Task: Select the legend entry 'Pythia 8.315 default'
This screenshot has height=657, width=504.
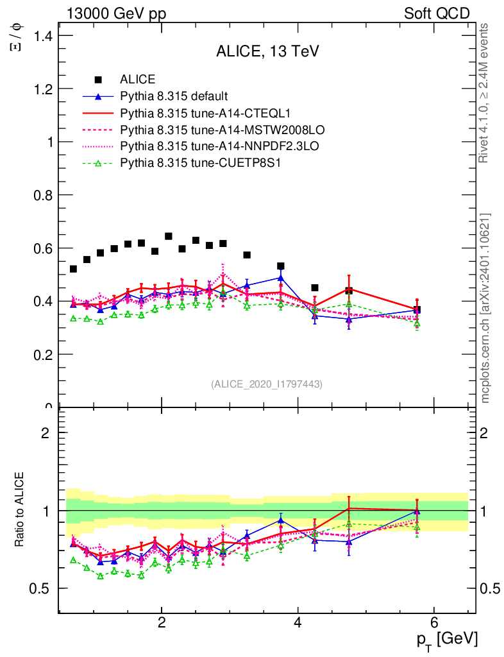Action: pyautogui.click(x=174, y=97)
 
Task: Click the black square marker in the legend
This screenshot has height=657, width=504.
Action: pyautogui.click(x=98, y=80)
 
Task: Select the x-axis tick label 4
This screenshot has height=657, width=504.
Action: pyautogui.click(x=298, y=622)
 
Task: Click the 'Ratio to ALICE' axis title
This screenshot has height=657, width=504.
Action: pyautogui.click(x=20, y=510)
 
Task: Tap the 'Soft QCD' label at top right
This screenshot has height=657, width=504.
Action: pyautogui.click(x=437, y=13)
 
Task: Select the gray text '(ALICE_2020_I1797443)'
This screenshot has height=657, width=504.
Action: pyautogui.click(x=266, y=384)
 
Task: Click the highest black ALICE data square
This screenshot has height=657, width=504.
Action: pyautogui.click(x=169, y=236)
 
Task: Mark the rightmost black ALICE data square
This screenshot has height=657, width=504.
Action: pyautogui.click(x=417, y=310)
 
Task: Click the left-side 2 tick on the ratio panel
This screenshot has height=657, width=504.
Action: pyautogui.click(x=46, y=432)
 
